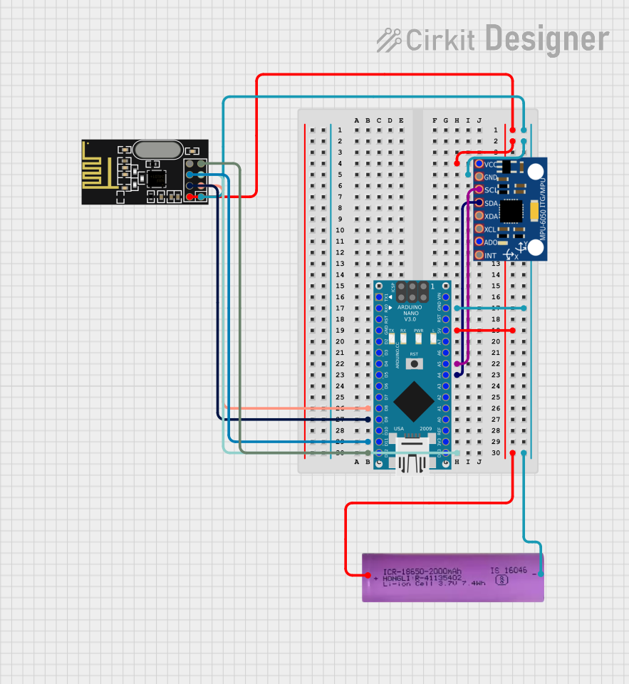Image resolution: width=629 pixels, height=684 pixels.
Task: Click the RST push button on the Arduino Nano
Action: click(x=413, y=363)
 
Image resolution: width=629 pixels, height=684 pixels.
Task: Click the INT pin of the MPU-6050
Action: click(x=479, y=255)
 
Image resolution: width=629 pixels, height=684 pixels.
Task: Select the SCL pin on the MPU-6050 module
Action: click(x=479, y=190)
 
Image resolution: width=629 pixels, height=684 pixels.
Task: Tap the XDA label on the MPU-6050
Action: click(x=492, y=216)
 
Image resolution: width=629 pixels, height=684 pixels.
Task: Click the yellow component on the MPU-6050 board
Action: click(x=534, y=211)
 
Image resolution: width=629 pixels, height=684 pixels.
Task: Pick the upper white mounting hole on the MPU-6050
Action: click(x=535, y=171)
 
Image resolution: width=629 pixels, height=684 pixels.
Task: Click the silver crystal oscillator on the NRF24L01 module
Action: click(x=157, y=150)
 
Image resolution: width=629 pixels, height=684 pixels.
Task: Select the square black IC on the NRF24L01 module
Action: click(x=155, y=176)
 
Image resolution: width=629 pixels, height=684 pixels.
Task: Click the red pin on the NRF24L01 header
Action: click(x=190, y=196)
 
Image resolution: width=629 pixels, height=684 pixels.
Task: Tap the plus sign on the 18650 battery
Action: click(x=368, y=574)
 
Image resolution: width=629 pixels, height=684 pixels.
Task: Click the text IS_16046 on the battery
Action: click(x=508, y=571)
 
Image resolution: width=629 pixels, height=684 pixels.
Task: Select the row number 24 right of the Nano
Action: click(x=495, y=385)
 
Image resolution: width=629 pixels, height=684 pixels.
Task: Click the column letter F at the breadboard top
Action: click(x=435, y=120)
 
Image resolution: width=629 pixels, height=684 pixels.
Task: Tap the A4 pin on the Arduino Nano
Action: click(x=446, y=375)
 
